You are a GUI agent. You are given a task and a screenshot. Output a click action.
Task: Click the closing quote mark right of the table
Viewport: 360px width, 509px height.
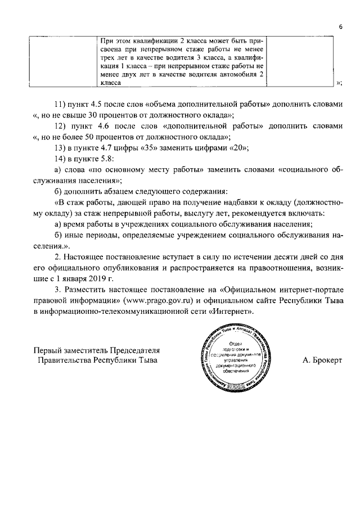coord(339,83)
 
